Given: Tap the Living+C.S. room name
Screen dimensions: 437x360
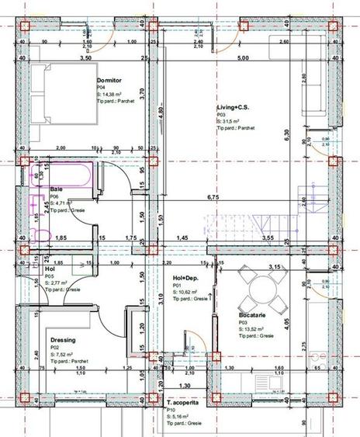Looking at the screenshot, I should point(234,107).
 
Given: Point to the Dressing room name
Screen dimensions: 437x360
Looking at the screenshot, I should point(63,340).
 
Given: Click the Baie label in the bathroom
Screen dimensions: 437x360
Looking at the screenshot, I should point(57,189).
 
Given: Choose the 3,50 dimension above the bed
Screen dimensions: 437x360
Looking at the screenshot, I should point(85,58).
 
